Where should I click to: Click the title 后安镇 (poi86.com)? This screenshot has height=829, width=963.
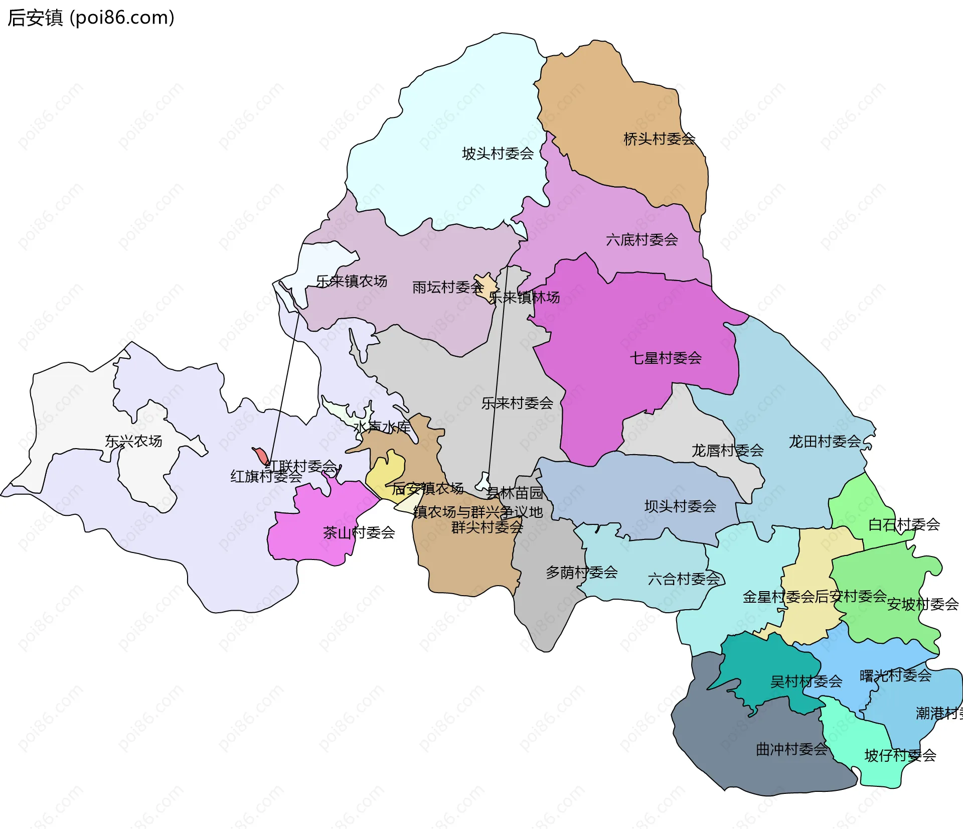(x=91, y=18)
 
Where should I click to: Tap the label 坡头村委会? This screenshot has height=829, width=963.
(x=498, y=154)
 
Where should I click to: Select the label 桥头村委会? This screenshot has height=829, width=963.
(x=659, y=139)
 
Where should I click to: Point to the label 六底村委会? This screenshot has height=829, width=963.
(x=642, y=240)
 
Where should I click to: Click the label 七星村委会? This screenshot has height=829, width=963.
(x=666, y=358)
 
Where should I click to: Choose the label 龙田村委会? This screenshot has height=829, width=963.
(x=825, y=442)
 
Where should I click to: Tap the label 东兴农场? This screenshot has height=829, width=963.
(x=133, y=441)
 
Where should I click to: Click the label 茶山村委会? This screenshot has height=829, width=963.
(x=359, y=532)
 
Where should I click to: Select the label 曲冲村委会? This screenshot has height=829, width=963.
(x=791, y=749)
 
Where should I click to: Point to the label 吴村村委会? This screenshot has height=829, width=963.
(x=806, y=681)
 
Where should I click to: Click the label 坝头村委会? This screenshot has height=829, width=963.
(x=680, y=506)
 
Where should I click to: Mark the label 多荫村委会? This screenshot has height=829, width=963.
(x=582, y=572)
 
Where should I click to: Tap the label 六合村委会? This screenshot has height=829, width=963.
(x=684, y=579)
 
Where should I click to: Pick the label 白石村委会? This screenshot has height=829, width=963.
(x=904, y=524)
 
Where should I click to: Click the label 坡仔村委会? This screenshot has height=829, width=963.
(x=900, y=755)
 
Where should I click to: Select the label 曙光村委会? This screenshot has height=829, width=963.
(x=895, y=675)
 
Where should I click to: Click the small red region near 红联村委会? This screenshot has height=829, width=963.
(x=261, y=456)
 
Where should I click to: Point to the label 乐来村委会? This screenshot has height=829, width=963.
(x=517, y=403)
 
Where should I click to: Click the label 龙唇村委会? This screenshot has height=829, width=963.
(x=727, y=451)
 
